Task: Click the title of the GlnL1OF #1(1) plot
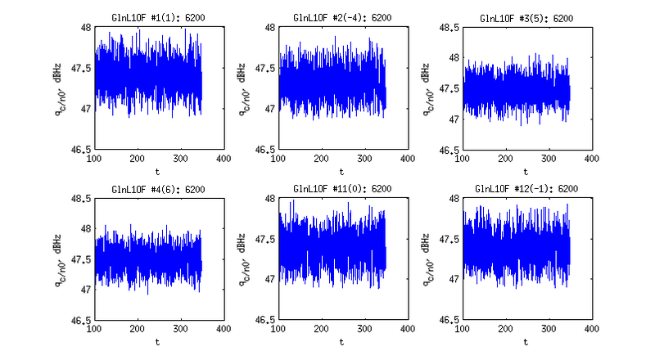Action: tap(158, 18)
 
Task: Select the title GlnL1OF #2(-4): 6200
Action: tap(342, 18)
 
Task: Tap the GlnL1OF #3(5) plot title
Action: tap(526, 18)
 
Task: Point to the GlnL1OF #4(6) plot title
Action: tap(158, 190)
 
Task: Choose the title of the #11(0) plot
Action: tap(342, 189)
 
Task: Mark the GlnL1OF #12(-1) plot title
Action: tap(526, 189)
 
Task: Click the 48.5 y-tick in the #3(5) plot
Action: tap(449, 28)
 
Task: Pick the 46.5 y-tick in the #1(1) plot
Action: tap(81, 149)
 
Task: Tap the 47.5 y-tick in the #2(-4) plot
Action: tap(265, 68)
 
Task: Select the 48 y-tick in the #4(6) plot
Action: tap(86, 229)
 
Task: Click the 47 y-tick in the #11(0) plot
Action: tap(270, 279)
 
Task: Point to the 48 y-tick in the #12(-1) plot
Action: tap(454, 199)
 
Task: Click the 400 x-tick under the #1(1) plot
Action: tap(224, 158)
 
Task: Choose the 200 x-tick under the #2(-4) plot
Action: tap(321, 158)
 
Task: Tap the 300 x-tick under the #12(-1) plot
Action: tap(549, 329)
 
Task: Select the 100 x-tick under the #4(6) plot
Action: tap(94, 329)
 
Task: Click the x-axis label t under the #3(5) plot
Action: tap(526, 172)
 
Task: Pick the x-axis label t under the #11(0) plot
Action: tap(341, 342)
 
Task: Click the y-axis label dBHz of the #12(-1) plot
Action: tap(426, 244)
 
